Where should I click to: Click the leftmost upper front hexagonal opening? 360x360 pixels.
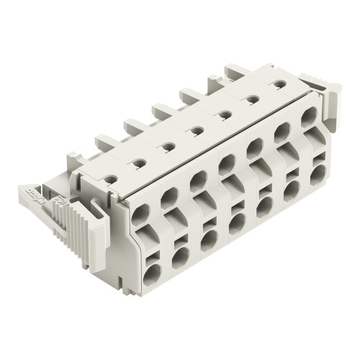click(x=141, y=215)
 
